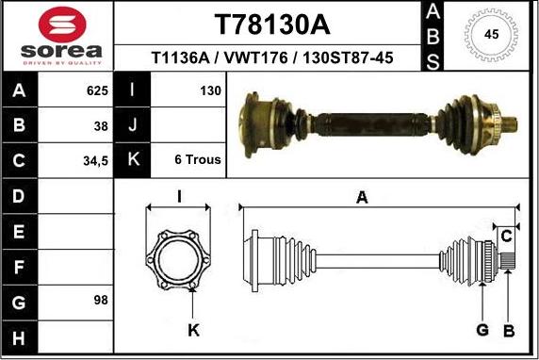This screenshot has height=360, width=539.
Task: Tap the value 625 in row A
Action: [97, 91]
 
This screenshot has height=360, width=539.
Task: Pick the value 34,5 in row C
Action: [96, 160]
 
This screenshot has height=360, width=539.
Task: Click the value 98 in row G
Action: [101, 301]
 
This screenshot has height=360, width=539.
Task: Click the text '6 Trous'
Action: [198, 160]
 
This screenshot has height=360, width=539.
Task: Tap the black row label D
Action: [20, 196]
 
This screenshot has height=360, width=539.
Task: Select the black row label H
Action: [20, 336]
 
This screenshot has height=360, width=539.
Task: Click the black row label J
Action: [133, 125]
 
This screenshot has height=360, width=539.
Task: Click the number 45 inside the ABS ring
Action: [491, 34]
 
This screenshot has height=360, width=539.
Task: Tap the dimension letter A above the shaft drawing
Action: [362, 196]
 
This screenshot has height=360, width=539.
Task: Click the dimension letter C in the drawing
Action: [506, 234]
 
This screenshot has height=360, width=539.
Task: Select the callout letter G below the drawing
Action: [482, 329]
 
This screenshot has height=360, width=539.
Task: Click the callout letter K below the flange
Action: [193, 329]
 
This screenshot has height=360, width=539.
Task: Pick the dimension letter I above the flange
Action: [179, 196]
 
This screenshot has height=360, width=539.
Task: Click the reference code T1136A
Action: [182, 58]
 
